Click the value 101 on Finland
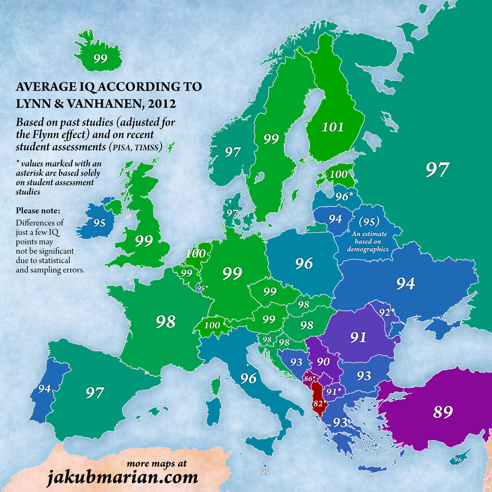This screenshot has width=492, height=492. tap(333, 127)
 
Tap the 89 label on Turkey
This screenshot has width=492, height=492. tap(443, 412)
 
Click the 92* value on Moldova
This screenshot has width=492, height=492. tap(387, 312)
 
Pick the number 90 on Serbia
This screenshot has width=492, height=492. tap(323, 362)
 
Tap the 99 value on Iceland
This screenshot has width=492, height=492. tap(100, 59)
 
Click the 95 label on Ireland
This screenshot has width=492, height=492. tap(99, 223)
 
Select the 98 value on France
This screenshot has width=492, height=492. tap(166, 322)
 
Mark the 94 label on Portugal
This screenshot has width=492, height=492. tap(44, 389)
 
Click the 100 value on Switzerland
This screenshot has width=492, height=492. tap(212, 325)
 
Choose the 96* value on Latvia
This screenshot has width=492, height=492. tap(344, 196)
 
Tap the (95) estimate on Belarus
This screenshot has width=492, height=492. tap(369, 222)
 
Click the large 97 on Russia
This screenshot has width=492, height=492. tap(437, 170)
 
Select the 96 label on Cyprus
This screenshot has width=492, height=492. tap(458, 460)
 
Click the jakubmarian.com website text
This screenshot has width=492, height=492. tap(122, 477)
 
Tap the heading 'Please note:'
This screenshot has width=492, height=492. tap(38, 211)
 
